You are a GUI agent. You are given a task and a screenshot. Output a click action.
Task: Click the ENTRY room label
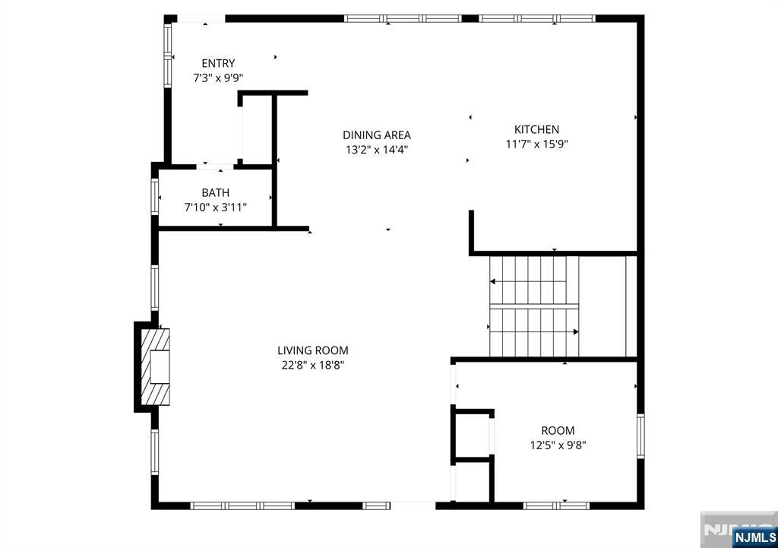(x=218, y=64)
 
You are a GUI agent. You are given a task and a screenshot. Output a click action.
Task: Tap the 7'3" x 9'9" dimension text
(x=218, y=78)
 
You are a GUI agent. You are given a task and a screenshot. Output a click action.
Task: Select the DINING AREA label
(x=377, y=135)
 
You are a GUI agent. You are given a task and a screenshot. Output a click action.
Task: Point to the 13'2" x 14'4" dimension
(x=377, y=150)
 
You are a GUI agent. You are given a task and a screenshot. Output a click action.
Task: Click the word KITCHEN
(x=536, y=129)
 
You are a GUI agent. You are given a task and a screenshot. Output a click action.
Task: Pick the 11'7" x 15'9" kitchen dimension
(x=536, y=144)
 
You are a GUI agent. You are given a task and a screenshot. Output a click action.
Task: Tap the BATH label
(x=215, y=192)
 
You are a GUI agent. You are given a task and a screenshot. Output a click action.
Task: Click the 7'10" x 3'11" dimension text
(x=215, y=207)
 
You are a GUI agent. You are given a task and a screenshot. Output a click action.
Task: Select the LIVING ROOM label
(x=312, y=350)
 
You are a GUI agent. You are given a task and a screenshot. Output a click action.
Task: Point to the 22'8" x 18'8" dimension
(x=312, y=365)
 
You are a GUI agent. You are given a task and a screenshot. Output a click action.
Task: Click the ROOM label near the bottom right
(x=558, y=431)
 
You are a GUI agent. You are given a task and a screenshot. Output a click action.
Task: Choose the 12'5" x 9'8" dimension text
(x=558, y=445)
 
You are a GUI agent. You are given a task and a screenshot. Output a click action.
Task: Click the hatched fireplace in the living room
(x=156, y=367)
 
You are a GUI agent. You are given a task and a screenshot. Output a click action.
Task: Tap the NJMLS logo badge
(x=754, y=537)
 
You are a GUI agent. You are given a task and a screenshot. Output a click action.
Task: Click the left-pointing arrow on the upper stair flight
(x=528, y=281)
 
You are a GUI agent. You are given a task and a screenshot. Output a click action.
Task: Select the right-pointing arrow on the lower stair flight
(x=534, y=331)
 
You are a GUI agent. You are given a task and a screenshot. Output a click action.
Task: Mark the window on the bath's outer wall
(x=155, y=197)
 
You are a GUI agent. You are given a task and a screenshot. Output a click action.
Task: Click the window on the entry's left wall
(x=168, y=55)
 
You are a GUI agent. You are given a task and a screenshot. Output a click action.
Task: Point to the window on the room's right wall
(x=640, y=436)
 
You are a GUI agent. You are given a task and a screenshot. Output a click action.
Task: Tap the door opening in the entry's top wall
(x=201, y=19)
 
